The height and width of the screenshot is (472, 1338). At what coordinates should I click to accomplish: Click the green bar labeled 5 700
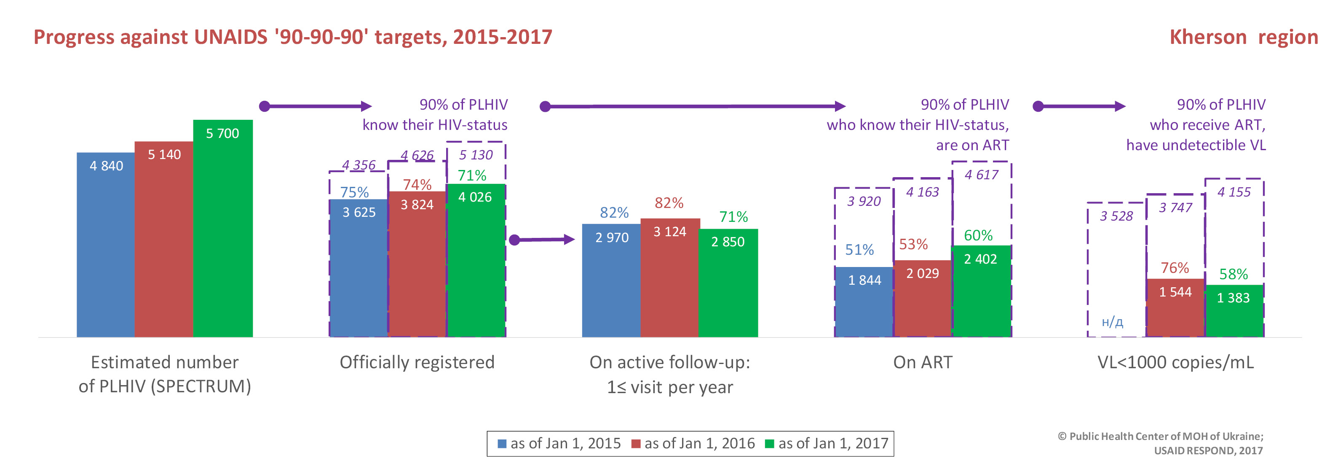click(x=223, y=229)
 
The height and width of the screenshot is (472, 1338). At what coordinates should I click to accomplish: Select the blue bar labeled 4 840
click(x=106, y=244)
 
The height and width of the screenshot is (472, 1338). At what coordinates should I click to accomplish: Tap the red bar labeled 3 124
click(x=669, y=278)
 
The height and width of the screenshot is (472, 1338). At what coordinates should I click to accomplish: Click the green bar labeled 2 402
click(x=981, y=291)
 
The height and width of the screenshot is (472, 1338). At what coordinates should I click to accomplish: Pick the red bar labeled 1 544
click(x=1175, y=308)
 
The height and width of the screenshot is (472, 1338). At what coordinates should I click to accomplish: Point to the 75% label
click(x=354, y=192)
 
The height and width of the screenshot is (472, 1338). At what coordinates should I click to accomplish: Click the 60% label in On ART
click(x=978, y=235)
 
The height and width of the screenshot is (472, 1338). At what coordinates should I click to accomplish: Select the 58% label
click(x=1233, y=274)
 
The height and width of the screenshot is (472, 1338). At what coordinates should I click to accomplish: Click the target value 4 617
click(x=981, y=175)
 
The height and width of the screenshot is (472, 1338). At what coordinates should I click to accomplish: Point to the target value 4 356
click(x=359, y=165)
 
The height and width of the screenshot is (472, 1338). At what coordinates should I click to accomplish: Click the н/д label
click(x=1112, y=322)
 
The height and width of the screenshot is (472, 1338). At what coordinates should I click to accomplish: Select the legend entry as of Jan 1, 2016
click(x=693, y=443)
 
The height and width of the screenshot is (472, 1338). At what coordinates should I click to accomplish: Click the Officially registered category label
click(x=417, y=362)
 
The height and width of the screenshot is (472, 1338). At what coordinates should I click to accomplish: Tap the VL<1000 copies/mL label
click(x=1175, y=362)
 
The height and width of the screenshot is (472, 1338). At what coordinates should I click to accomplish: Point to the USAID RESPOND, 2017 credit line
click(x=1208, y=450)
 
